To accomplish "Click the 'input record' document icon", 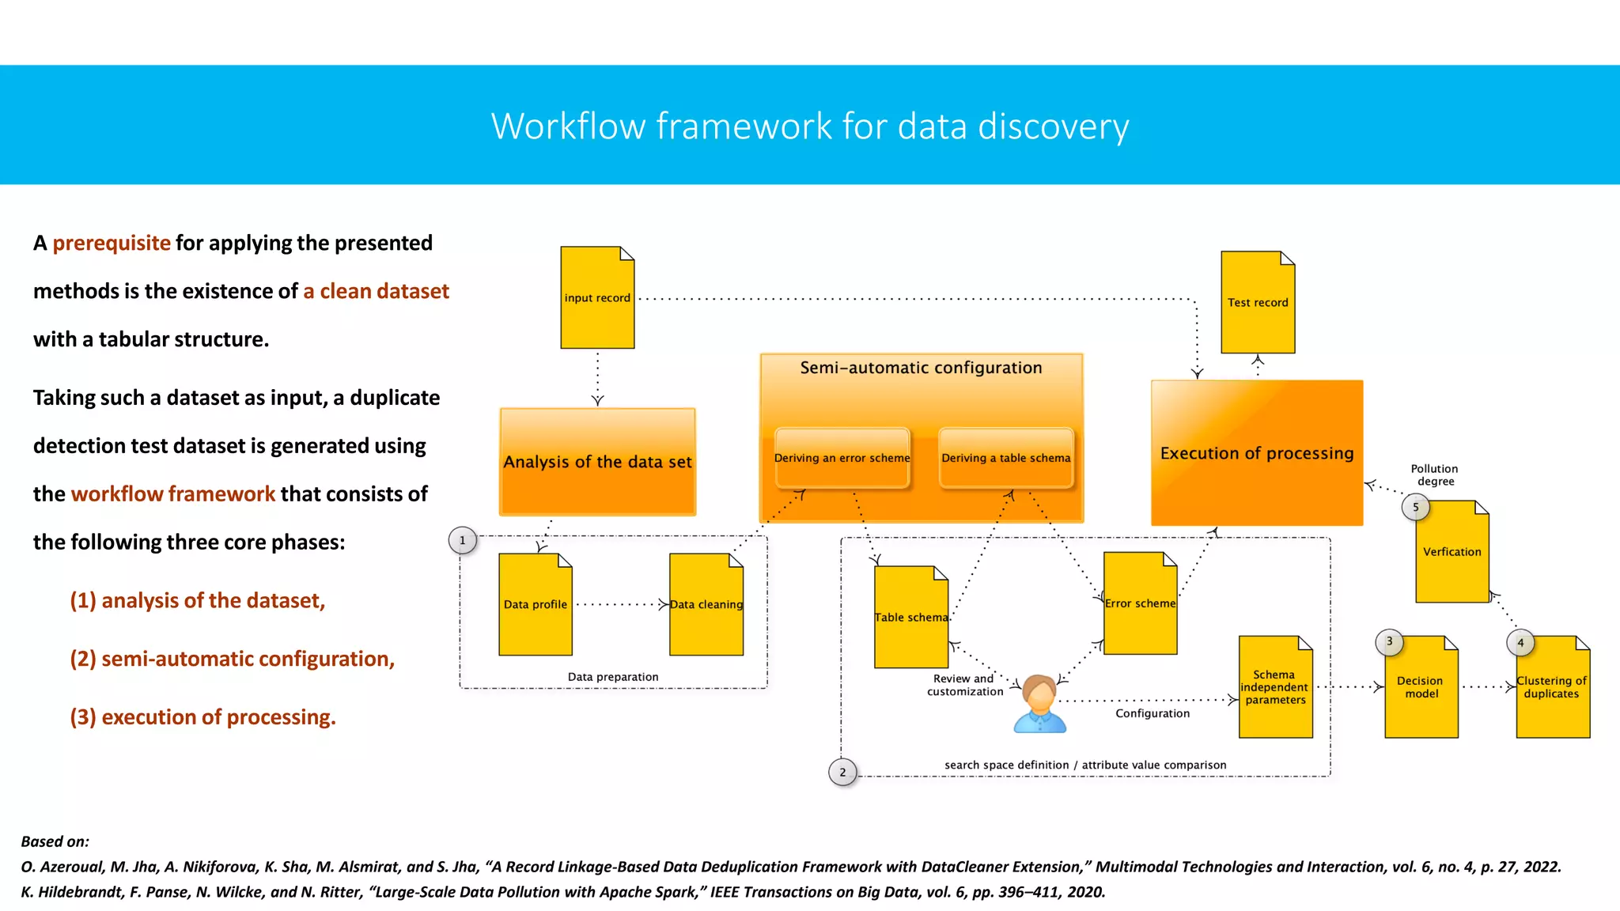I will point(597,297).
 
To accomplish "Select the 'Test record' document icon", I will point(1258,302).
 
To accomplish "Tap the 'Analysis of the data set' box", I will point(597,462).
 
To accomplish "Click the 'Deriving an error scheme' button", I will point(842,458).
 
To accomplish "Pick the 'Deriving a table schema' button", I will point(1005,458).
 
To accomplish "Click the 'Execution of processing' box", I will point(1256,453).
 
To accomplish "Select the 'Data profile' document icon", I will point(536,604).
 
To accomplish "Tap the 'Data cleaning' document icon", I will point(706,604).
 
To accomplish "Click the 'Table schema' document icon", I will point(910,617).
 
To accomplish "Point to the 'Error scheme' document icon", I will point(1140,603).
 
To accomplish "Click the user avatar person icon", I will point(1039,703).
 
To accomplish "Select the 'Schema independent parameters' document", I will point(1275,687).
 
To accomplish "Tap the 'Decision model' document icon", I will point(1421,687).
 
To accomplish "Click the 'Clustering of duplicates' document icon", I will point(1552,687).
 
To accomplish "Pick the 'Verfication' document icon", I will point(1452,552).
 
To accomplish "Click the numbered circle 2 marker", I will point(842,772).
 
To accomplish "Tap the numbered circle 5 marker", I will point(1415,507).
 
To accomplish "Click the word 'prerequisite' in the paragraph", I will point(112,243).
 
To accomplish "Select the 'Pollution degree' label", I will point(1434,474).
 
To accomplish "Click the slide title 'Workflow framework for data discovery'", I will point(810,127).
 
